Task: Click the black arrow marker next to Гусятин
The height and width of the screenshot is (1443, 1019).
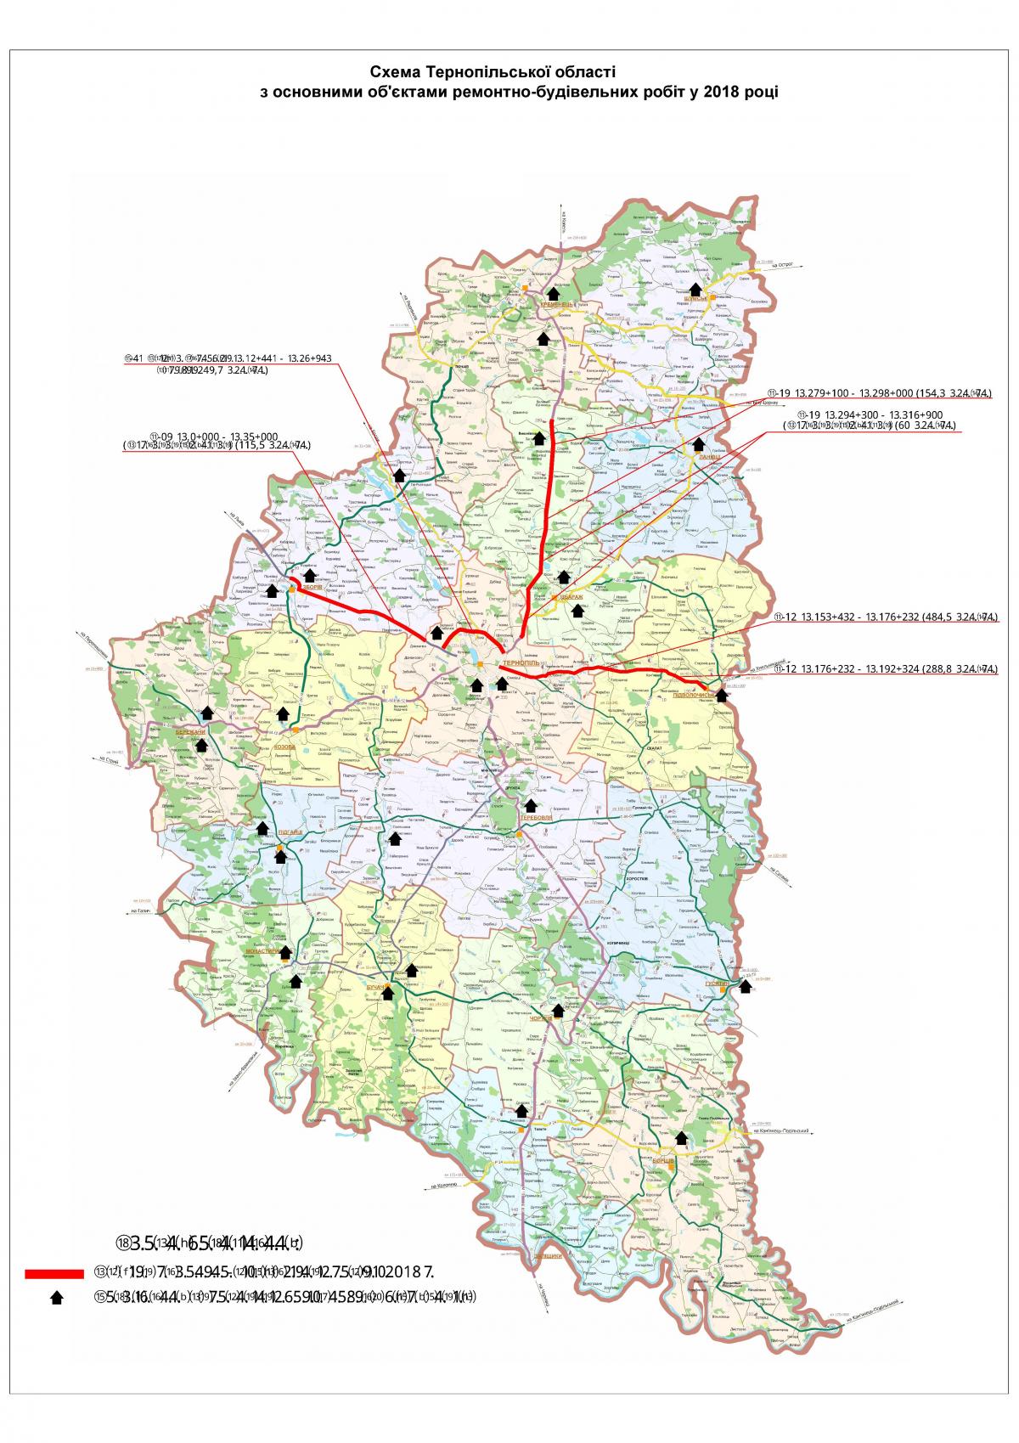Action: pyautogui.click(x=746, y=985)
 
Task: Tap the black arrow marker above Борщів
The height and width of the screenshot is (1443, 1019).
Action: pyautogui.click(x=681, y=1137)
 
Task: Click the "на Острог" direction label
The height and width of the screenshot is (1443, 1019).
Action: pyautogui.click(x=780, y=265)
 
